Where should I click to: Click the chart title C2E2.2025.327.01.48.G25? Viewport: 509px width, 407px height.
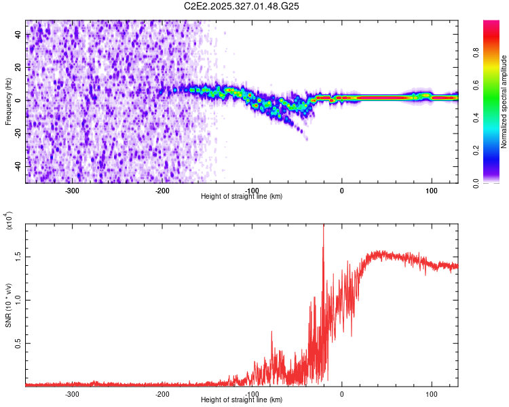point(242,6)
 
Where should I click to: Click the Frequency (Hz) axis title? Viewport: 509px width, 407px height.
point(8,102)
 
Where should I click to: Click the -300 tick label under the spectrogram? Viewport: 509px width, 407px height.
point(72,191)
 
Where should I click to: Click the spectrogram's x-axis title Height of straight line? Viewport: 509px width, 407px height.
point(242,197)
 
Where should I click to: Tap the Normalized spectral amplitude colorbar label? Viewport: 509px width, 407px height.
point(504,102)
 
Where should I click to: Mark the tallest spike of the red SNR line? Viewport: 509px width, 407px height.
point(323,225)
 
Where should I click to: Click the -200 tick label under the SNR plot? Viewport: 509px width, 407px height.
point(162,393)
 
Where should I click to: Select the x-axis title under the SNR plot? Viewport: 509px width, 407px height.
point(242,400)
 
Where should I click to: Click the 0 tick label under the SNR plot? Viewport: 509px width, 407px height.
point(341,393)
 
